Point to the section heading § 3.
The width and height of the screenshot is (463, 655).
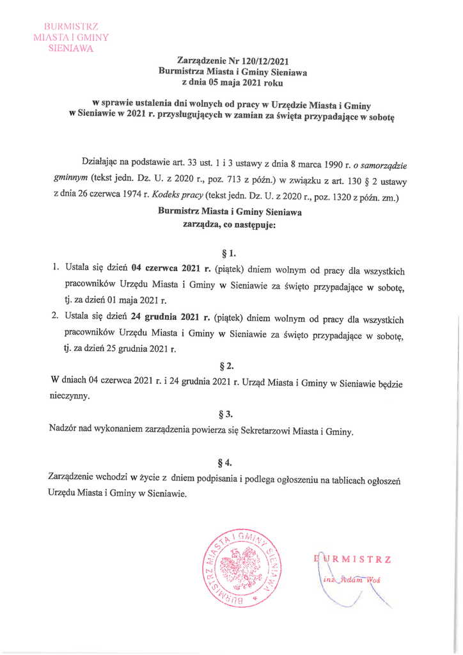228,413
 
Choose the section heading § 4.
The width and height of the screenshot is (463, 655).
228,461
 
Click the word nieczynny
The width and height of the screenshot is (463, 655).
70,396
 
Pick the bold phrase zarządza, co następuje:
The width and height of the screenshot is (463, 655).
229,225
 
